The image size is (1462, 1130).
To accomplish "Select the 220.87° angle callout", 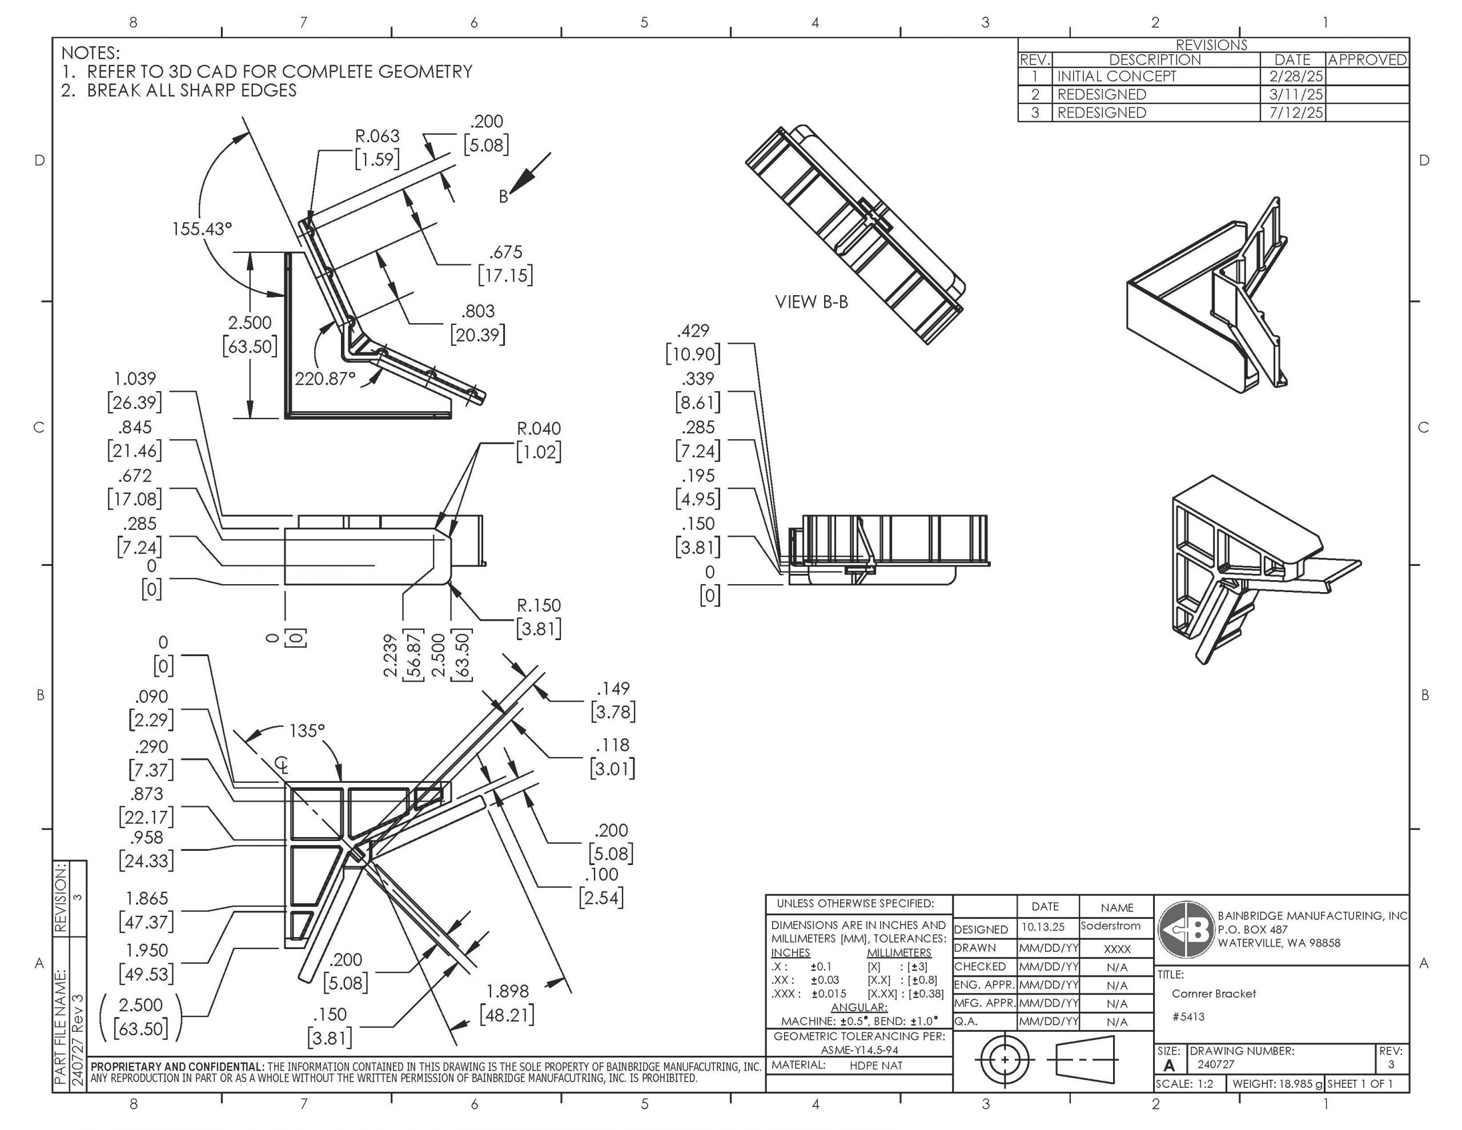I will tap(326, 379).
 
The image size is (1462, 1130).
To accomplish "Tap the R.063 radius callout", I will tap(377, 136).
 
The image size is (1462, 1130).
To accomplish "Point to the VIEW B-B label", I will tap(812, 302).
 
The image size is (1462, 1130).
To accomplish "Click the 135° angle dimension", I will tap(307, 730).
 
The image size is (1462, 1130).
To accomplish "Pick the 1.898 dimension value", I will tap(507, 991).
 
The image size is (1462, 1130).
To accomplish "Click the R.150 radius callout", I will tap(538, 606).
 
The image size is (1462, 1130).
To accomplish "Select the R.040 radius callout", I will tap(538, 428).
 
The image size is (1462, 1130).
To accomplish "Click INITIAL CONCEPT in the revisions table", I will tap(1116, 77).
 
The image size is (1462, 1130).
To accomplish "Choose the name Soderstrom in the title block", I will tap(1111, 926).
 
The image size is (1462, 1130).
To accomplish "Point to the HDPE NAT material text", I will tap(875, 1065).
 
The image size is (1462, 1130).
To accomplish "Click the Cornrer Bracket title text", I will tap(1213, 994).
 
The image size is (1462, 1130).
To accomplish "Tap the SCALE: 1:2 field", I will tap(1185, 1083).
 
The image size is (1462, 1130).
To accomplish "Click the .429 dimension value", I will tap(692, 331).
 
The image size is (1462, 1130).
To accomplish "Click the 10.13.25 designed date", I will tap(1042, 927).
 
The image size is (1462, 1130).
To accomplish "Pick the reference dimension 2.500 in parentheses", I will tap(140, 1005).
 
